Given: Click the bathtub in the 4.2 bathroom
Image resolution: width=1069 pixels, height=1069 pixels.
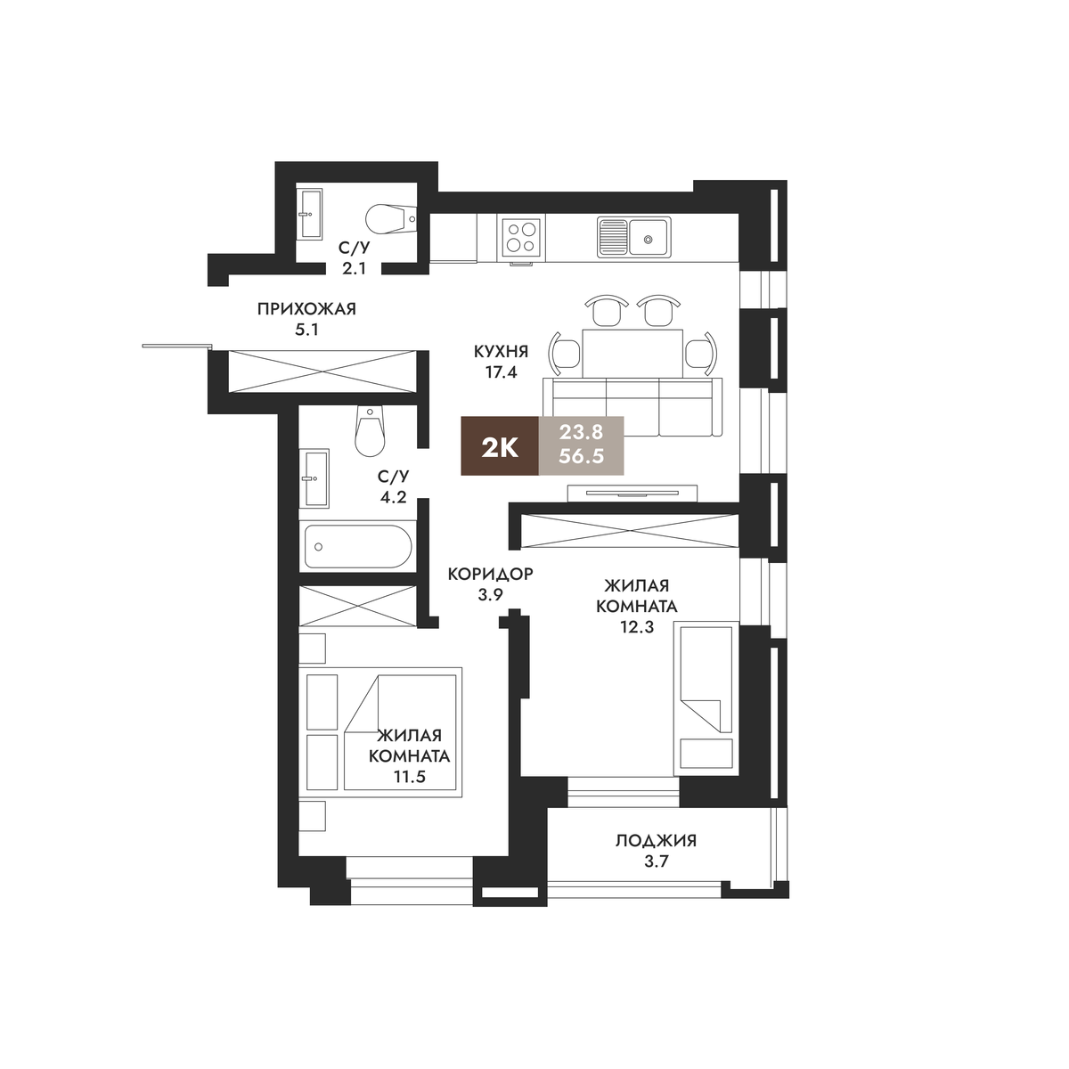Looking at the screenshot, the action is coord(358,546).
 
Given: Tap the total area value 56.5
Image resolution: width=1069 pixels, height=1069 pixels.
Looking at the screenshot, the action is coord(581,456).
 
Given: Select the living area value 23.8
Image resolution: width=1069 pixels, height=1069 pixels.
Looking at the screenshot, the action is coord(581,431).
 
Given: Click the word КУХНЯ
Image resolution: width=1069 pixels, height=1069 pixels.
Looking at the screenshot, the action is coord(501,351).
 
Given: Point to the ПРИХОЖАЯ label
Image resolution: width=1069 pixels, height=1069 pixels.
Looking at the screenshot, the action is coord(306,309).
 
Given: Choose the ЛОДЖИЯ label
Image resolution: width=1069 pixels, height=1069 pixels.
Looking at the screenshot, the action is coord(657,841).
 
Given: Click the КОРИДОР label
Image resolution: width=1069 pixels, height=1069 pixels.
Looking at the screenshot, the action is coord(490,574).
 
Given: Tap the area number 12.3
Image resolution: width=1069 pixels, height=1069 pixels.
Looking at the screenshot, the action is coord(637,627).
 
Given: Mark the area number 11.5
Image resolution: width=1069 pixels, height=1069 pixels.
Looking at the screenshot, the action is coord(410,777).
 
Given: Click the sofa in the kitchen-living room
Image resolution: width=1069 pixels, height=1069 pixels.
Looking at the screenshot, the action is coord(632,406).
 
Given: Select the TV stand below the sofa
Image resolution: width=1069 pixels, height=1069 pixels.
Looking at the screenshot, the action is coord(632,493).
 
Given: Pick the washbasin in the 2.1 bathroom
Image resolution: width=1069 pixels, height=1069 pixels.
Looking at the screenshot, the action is coord(309,214).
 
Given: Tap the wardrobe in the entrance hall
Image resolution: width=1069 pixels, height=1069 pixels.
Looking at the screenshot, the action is coord(322,371).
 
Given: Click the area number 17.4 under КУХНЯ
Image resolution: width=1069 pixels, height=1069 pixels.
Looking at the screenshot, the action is coord(501,372).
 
